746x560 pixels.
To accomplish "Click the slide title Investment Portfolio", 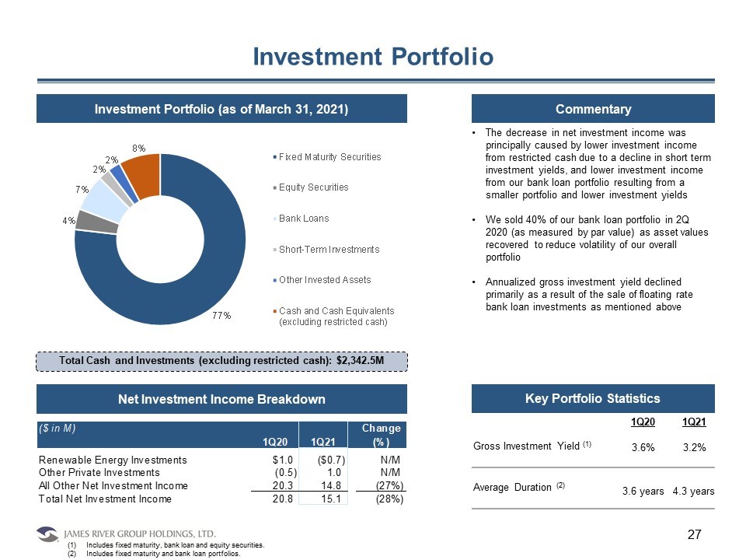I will click(x=373, y=57).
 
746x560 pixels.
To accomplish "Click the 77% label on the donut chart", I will click(x=223, y=315).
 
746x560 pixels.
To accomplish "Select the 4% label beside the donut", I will click(x=68, y=220).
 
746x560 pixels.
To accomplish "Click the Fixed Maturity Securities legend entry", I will click(x=329, y=156).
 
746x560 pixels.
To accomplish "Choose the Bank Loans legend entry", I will click(x=303, y=218).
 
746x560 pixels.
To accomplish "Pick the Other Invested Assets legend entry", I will click(x=325, y=279).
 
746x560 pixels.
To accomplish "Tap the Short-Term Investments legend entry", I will click(x=329, y=249).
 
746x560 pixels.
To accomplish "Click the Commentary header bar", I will click(x=593, y=109).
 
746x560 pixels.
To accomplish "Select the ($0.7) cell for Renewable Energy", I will click(x=329, y=460).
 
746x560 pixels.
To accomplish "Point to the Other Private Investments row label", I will click(x=99, y=473).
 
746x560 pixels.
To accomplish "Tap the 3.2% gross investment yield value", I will click(x=693, y=448).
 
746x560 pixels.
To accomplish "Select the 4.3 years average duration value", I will click(x=693, y=492).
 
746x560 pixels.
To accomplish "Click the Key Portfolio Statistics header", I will click(x=593, y=399).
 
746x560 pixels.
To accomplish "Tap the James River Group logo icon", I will click(x=47, y=534).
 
